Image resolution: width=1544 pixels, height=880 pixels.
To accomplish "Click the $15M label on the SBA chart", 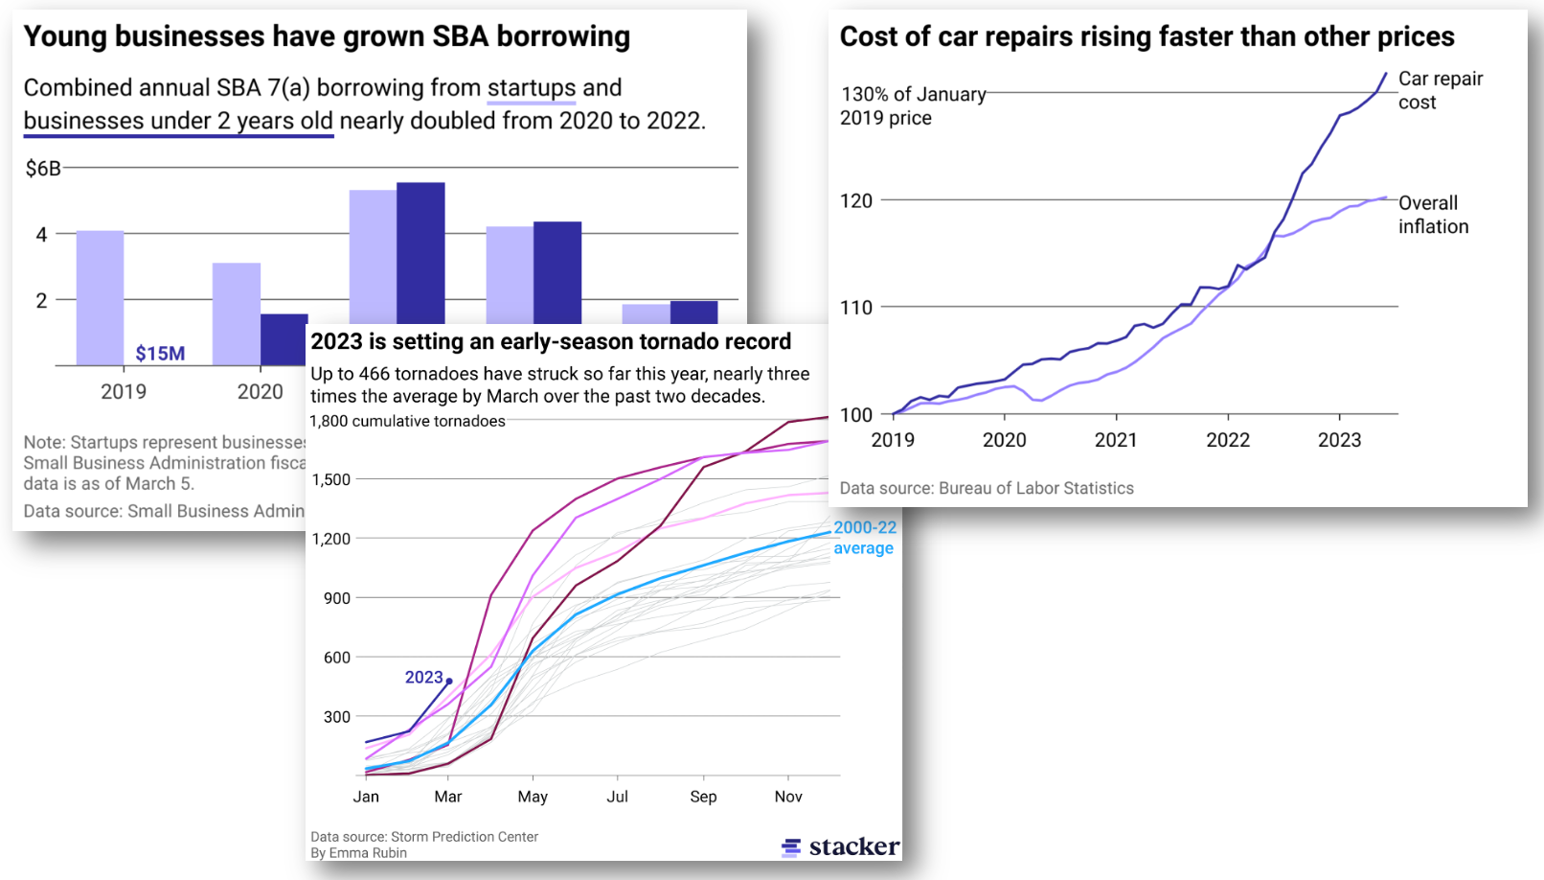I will [x=160, y=354].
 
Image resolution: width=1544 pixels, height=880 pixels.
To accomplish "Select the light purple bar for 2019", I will [x=100, y=297].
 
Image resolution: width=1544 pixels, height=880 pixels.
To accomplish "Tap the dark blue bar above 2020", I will [x=284, y=338].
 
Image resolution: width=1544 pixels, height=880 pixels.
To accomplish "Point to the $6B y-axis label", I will [x=43, y=169].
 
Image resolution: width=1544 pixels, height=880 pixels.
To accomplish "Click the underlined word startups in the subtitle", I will [x=532, y=88].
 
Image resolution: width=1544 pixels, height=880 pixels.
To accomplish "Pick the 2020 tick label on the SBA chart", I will [x=260, y=392].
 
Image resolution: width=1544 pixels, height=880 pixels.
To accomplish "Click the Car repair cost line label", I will [x=1440, y=90].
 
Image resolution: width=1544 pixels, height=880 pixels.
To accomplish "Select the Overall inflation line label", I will [x=1433, y=215].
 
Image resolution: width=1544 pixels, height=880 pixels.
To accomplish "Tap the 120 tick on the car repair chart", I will [x=856, y=201].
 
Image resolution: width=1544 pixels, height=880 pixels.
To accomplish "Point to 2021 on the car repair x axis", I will [x=1116, y=440].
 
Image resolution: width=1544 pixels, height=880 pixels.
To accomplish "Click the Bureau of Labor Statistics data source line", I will [x=987, y=488].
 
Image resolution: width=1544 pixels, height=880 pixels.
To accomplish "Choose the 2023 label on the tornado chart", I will [x=423, y=678].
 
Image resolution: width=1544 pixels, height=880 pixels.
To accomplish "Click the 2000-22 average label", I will [x=865, y=538].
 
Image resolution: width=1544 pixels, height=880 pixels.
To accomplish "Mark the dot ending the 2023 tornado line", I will [x=449, y=682].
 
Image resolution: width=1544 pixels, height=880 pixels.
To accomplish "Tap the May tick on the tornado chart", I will [x=533, y=797].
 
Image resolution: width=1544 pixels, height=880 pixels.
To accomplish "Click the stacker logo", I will [x=840, y=846].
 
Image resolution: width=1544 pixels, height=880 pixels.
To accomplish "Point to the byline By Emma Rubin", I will [x=358, y=853].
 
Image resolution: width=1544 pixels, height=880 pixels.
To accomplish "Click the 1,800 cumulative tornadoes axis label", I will [x=407, y=422].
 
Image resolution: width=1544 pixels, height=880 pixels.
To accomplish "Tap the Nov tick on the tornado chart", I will [x=788, y=797].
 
